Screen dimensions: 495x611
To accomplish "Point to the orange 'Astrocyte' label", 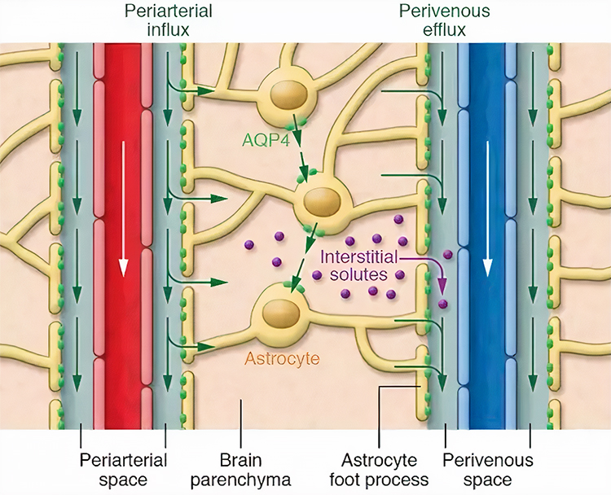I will coord(281,357).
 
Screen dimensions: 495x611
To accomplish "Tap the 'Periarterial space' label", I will coord(123,469).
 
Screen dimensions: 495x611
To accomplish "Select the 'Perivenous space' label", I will coord(487,469).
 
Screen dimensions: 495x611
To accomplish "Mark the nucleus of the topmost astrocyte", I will coord(287,95).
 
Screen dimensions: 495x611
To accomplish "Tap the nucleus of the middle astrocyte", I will coord(320,200).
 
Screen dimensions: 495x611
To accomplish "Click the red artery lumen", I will coord(124,342).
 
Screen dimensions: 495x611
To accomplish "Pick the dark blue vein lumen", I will coord(488,342).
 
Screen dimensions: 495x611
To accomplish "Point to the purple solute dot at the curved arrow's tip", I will coord(443,304).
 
